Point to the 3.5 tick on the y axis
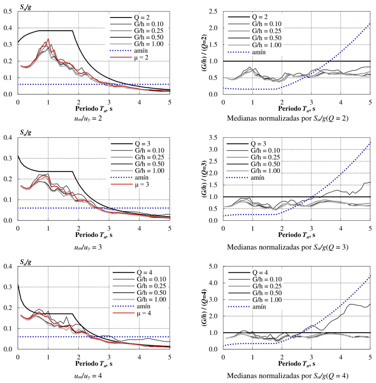tap(214, 138)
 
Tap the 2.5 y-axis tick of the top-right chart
tap(214, 11)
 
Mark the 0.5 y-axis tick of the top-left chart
tap(8, 11)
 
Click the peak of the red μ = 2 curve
tap(48, 39)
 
